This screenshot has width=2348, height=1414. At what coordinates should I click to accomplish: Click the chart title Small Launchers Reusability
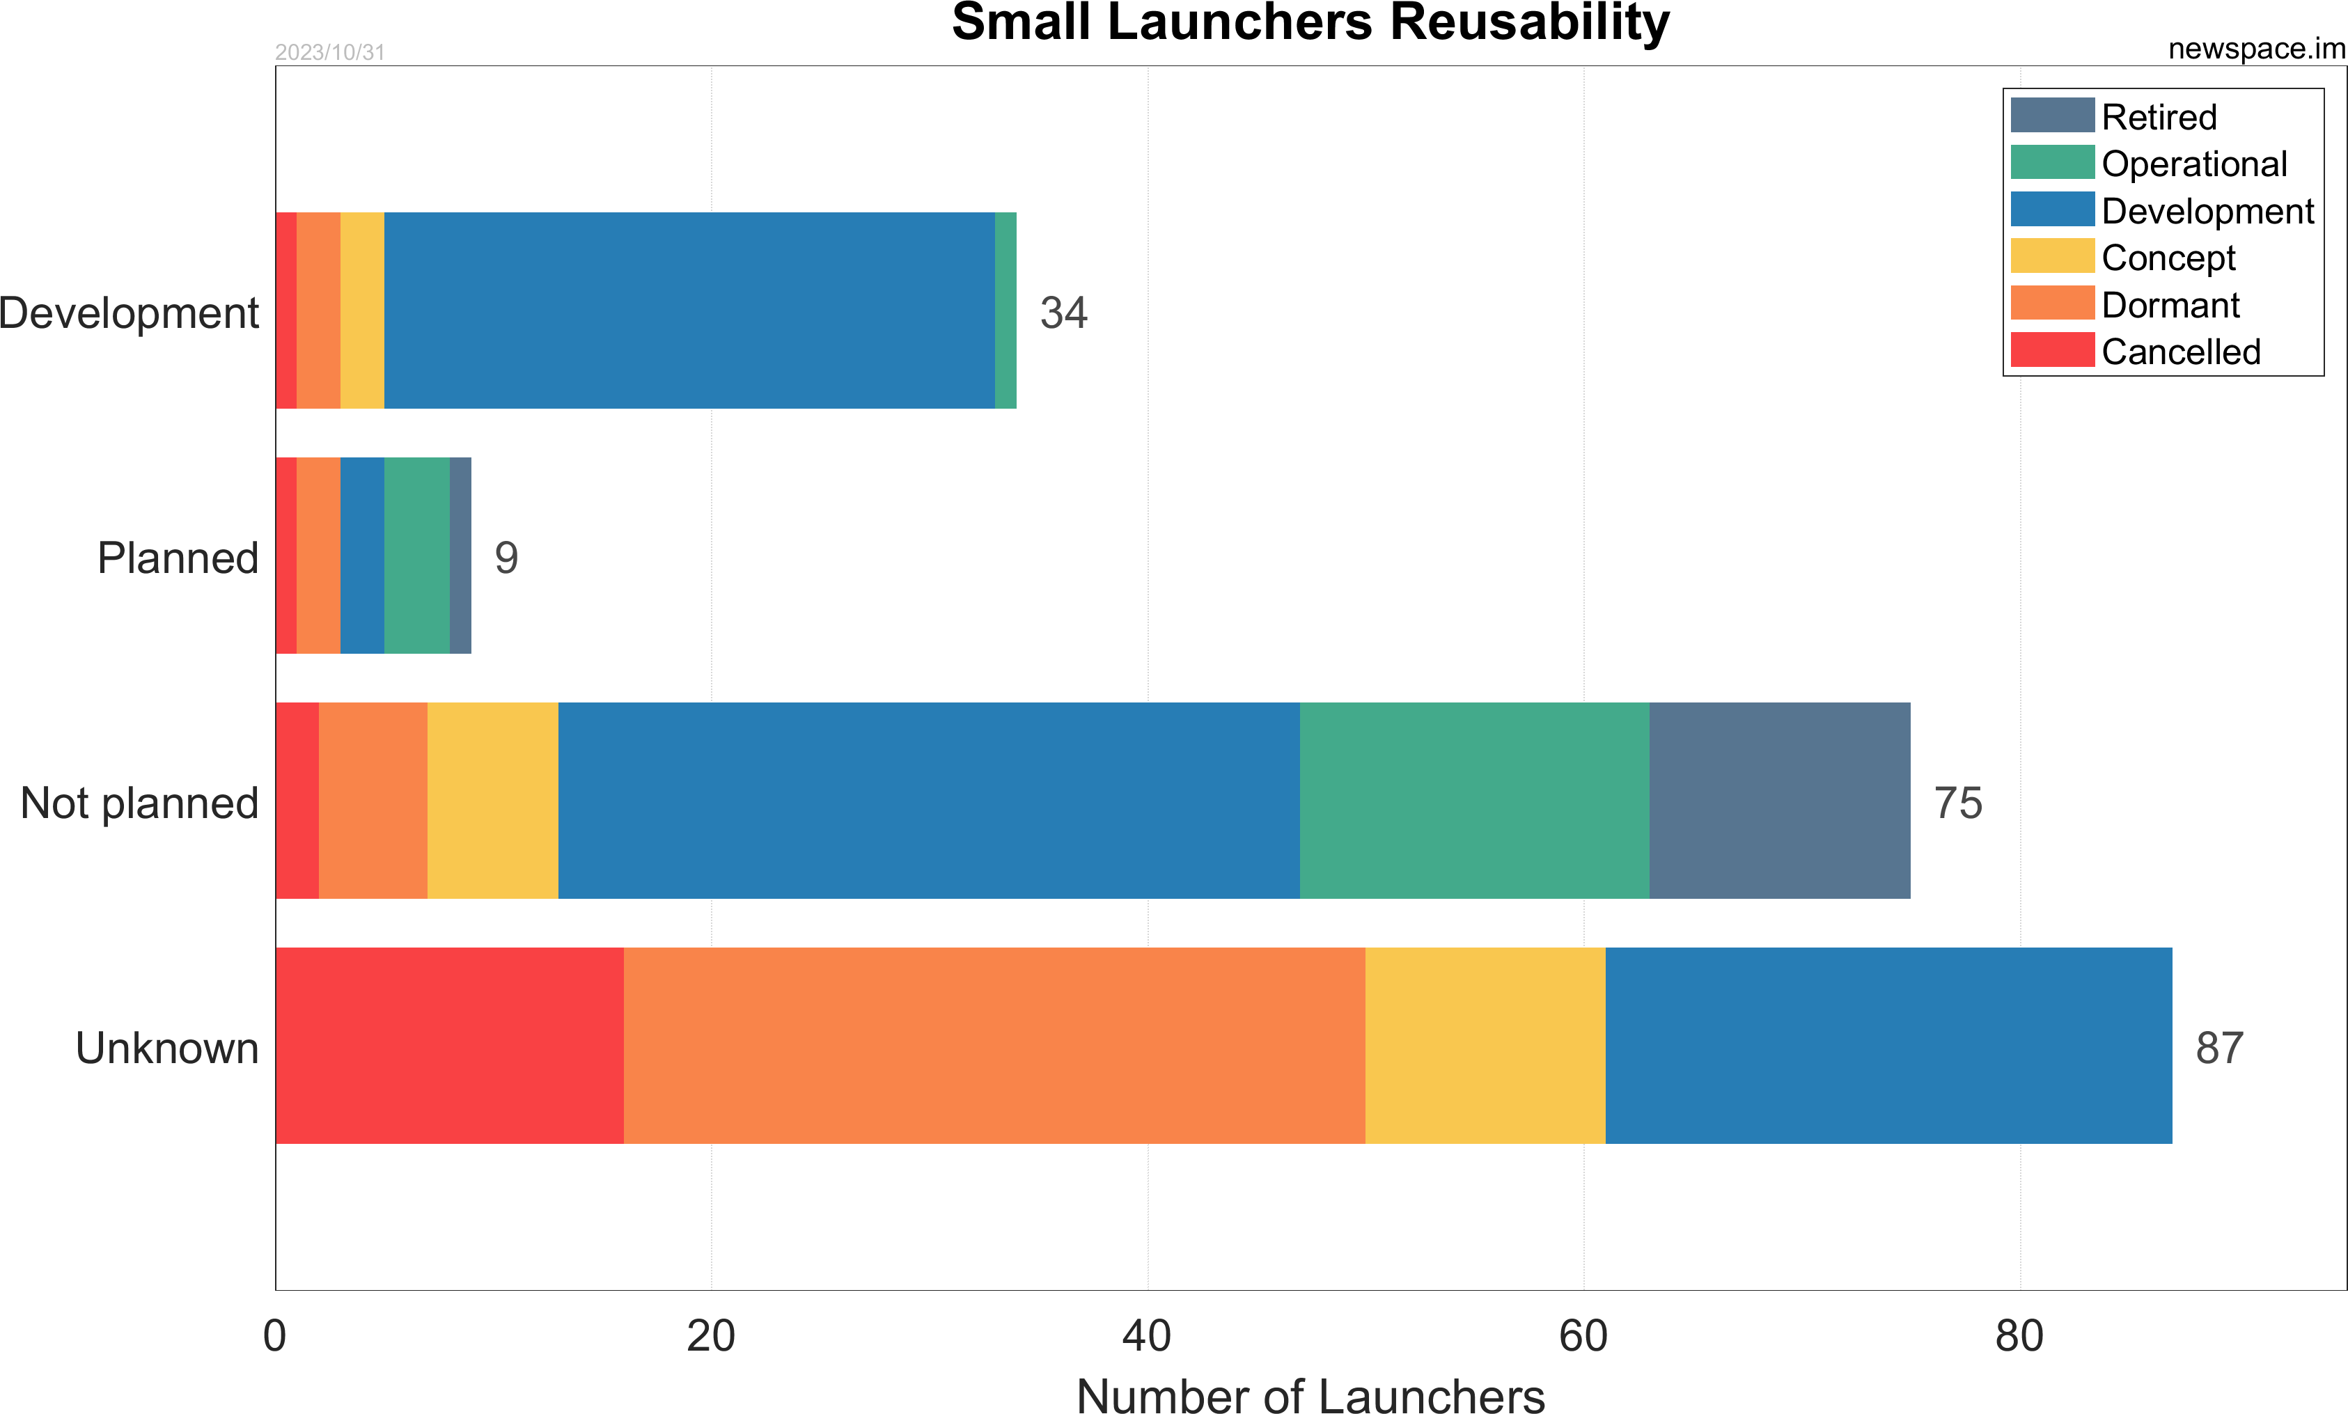click(x=1310, y=23)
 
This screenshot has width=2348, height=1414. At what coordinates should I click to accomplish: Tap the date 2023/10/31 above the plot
click(x=330, y=52)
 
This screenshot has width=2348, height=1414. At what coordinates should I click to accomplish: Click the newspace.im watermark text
click(x=2255, y=49)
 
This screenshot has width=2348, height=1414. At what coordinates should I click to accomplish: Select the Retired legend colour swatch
click(x=2051, y=116)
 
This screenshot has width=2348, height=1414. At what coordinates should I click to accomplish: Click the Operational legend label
click(x=2193, y=164)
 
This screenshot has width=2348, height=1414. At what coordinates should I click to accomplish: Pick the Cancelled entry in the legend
click(x=2180, y=352)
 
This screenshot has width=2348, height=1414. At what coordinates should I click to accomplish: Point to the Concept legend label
click(x=2168, y=258)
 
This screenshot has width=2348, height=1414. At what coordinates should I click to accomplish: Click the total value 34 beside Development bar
click(x=1063, y=313)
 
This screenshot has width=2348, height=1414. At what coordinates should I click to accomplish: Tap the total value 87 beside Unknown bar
click(x=2219, y=1047)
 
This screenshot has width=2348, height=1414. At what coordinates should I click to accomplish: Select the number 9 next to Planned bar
click(x=506, y=558)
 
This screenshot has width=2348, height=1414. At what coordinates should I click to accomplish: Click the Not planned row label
click(x=139, y=802)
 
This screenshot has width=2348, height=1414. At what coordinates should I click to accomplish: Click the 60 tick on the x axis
click(x=1583, y=1336)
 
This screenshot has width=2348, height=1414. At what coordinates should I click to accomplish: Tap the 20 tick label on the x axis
click(x=711, y=1336)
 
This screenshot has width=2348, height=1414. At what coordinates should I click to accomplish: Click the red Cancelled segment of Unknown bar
click(x=449, y=1045)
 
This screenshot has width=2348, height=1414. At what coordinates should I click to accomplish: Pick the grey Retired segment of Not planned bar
click(x=1779, y=801)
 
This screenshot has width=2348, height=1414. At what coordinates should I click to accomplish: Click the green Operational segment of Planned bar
click(x=416, y=556)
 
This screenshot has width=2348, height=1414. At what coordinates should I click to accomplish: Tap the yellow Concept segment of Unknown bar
click(x=1485, y=1045)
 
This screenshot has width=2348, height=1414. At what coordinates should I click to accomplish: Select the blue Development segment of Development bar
click(x=689, y=311)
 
